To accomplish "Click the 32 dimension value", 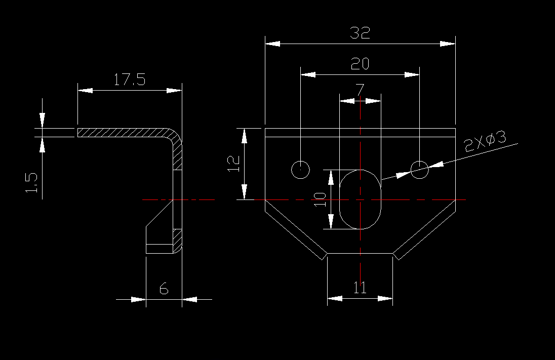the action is pos(360,32).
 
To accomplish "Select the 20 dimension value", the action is pos(360,64).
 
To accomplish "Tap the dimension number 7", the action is pos(360,90).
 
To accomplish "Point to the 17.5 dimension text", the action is pos(130,79).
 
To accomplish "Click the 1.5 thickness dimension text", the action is pos(31,183).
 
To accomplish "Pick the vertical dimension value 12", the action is pos(233,164).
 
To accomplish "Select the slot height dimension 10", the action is pos(320,199).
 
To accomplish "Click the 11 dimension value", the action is pos(360,288).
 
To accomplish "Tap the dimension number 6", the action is pos(164,289).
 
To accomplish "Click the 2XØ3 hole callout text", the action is pos(486,141).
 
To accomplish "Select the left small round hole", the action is pos(300,170).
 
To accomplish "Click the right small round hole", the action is pos(419,170).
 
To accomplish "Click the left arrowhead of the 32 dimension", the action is pos(272,44).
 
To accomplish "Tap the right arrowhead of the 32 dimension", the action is pos(448,44).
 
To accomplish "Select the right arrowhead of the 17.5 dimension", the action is pos(174,91).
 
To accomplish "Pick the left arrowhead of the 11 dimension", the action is pos(335,299).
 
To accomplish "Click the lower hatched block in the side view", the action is pos(177,241).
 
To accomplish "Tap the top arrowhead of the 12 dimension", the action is pos(244,136).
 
